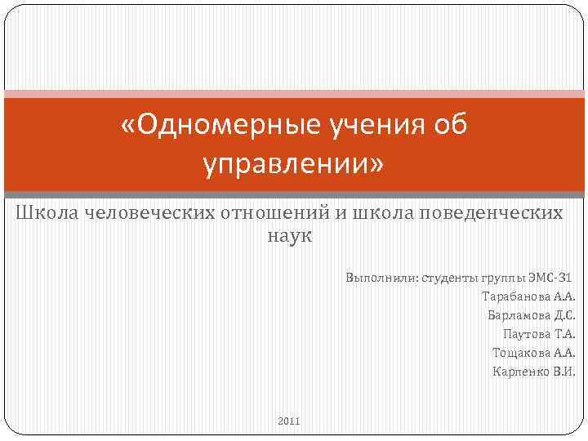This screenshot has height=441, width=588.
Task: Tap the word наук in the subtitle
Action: point(290,236)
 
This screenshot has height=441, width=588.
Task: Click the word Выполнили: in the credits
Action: point(380,277)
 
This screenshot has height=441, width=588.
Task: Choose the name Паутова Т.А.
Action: point(539,333)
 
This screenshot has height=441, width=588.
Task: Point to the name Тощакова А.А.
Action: point(533,352)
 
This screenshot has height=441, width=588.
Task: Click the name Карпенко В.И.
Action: point(533,371)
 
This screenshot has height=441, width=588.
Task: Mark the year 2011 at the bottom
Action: point(289,421)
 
